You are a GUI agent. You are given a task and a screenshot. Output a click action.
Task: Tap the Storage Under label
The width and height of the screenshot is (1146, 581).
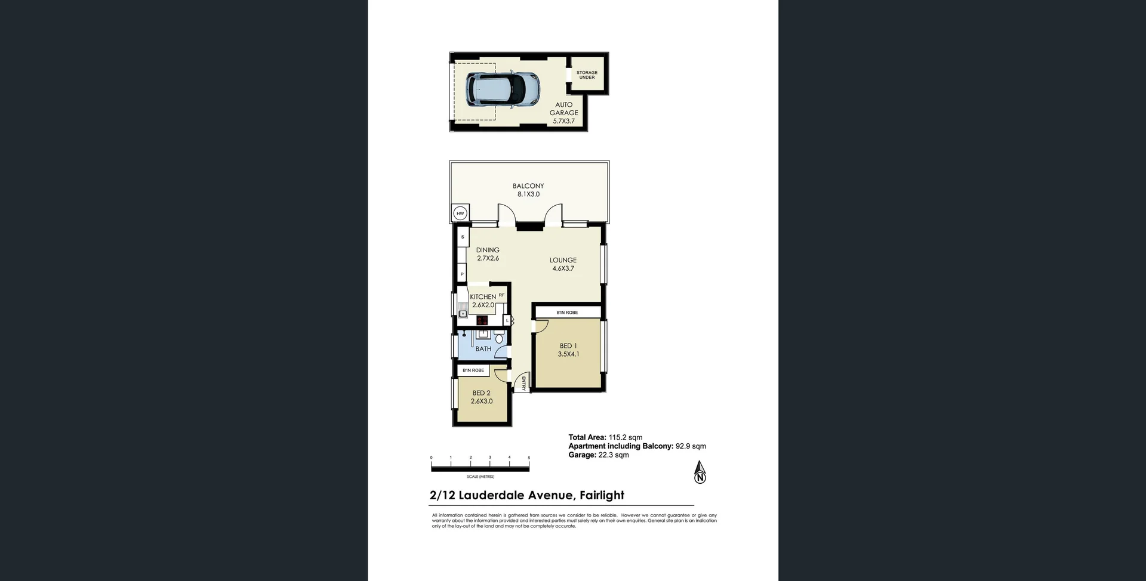587,75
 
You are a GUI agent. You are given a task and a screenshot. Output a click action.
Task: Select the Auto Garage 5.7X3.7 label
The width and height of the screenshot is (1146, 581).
563,113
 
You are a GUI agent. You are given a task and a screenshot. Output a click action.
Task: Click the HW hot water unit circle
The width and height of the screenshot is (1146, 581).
460,213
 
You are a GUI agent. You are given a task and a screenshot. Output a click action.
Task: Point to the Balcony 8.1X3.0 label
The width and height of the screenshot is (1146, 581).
528,190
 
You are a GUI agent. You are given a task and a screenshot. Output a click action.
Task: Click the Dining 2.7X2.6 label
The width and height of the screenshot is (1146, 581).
488,254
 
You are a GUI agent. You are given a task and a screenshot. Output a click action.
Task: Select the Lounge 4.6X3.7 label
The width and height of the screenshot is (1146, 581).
563,264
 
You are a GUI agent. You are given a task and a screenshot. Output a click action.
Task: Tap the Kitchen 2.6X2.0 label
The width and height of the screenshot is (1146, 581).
483,301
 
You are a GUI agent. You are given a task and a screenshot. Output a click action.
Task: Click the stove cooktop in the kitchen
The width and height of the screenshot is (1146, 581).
482,320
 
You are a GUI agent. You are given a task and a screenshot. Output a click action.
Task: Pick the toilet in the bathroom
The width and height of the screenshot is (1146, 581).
499,339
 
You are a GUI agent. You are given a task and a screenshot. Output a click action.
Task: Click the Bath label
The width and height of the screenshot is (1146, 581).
483,349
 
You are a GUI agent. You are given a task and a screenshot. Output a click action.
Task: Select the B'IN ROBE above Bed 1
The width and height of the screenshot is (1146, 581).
567,313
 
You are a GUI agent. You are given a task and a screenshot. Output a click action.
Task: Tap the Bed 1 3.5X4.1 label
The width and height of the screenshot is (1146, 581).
568,350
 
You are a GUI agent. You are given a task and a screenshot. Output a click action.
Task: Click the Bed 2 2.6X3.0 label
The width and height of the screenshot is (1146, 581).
481,397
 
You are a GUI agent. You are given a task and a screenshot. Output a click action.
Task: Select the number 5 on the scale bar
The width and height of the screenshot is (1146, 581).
529,458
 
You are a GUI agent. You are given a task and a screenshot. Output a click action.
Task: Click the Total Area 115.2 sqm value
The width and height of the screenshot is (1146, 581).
625,437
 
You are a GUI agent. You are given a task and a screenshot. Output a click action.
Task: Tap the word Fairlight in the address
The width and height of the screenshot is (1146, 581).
602,495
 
